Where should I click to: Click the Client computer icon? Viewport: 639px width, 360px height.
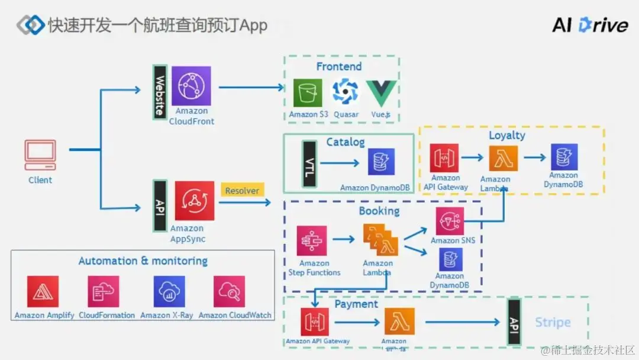click(40, 155)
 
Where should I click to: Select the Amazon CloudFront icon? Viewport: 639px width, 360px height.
click(191, 86)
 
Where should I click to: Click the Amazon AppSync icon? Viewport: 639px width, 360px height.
click(195, 201)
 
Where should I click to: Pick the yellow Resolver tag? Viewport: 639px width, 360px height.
click(242, 191)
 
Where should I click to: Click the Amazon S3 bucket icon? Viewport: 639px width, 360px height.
click(308, 93)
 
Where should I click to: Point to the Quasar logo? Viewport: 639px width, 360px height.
click(345, 92)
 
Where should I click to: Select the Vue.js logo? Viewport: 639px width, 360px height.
click(380, 93)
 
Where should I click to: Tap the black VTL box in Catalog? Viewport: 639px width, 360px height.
click(308, 164)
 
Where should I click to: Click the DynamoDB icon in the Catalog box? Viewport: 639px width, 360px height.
click(381, 162)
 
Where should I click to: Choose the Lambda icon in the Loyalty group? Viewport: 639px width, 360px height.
click(503, 159)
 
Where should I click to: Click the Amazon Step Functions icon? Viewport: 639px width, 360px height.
click(312, 240)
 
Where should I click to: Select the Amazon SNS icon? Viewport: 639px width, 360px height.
click(450, 221)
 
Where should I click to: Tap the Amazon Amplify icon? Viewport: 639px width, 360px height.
click(43, 291)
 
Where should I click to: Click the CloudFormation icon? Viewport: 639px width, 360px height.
click(103, 291)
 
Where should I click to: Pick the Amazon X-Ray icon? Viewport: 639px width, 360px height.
click(169, 291)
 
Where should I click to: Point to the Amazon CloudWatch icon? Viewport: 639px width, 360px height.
click(230, 291)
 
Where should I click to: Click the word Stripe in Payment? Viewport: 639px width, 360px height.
click(553, 323)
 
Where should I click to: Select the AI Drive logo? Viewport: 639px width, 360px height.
click(589, 25)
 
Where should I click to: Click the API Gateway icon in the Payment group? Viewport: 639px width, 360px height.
click(315, 322)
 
